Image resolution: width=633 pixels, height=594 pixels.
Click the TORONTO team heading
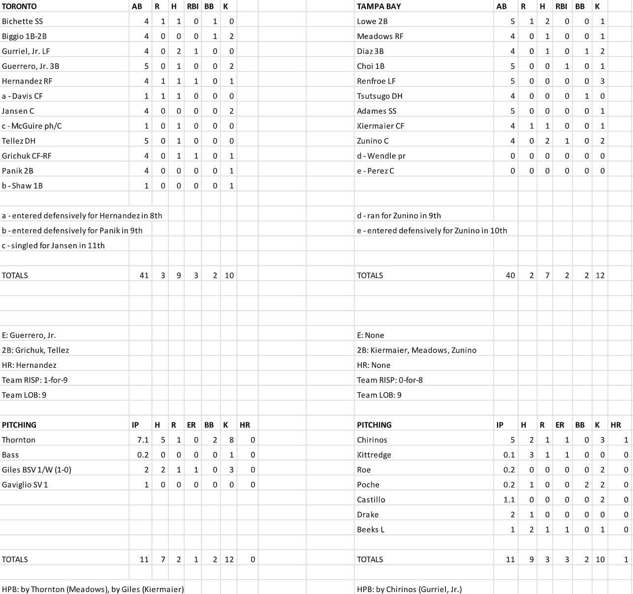[x=19, y=6]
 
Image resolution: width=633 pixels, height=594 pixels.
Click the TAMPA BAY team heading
[x=379, y=6]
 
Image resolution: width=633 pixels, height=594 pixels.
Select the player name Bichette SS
[x=22, y=21]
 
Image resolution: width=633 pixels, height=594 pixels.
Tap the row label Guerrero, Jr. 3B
[x=31, y=66]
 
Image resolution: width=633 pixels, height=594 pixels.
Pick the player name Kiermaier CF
[x=380, y=126]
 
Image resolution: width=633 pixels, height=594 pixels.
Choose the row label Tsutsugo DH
[x=380, y=96]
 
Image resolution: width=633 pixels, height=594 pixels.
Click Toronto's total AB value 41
[x=144, y=275]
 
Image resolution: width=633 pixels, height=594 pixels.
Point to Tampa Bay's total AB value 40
[x=510, y=275]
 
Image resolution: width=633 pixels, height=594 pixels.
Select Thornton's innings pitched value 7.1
[x=143, y=440]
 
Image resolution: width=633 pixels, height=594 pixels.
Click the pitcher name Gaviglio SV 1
[x=25, y=484]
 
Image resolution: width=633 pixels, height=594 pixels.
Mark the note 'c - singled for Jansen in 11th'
[x=53, y=245]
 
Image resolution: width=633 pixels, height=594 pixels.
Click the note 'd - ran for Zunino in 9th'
[x=399, y=215]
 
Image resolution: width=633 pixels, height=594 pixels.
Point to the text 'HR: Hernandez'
[x=29, y=365]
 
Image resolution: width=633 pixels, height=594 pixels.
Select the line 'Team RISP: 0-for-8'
[x=390, y=380]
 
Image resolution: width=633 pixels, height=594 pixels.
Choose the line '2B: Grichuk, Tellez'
[x=35, y=350]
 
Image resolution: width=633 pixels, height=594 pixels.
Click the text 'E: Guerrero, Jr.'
[x=29, y=335]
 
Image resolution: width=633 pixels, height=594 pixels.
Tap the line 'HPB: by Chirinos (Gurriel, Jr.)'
[x=409, y=589]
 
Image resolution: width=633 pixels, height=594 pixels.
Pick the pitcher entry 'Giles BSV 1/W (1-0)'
[x=36, y=470]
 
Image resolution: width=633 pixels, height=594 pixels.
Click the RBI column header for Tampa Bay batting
[x=561, y=6]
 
